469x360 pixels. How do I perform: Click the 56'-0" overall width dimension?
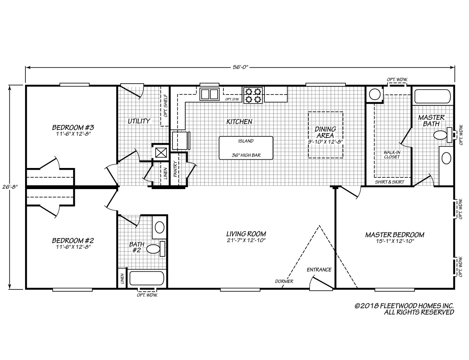[x=240, y=67]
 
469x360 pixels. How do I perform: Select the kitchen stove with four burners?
[x=253, y=95]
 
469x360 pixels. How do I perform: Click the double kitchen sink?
[x=209, y=94]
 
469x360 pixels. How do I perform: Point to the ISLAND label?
[x=246, y=141]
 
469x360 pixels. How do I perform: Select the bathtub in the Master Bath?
[x=432, y=96]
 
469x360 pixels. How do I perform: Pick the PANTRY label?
[x=175, y=169]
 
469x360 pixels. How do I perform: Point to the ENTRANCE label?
[x=319, y=270]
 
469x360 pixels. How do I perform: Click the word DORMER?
[x=284, y=281]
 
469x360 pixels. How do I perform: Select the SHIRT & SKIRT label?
[x=388, y=182]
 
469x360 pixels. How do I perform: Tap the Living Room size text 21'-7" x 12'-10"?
[x=246, y=240]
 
